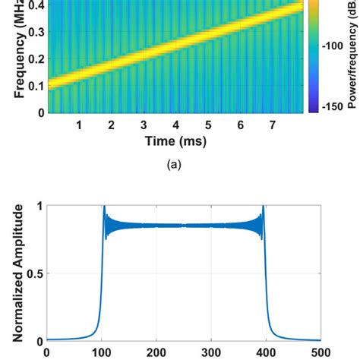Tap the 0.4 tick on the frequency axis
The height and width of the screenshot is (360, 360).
point(33,6)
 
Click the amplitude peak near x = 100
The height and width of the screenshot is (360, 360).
point(103,207)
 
